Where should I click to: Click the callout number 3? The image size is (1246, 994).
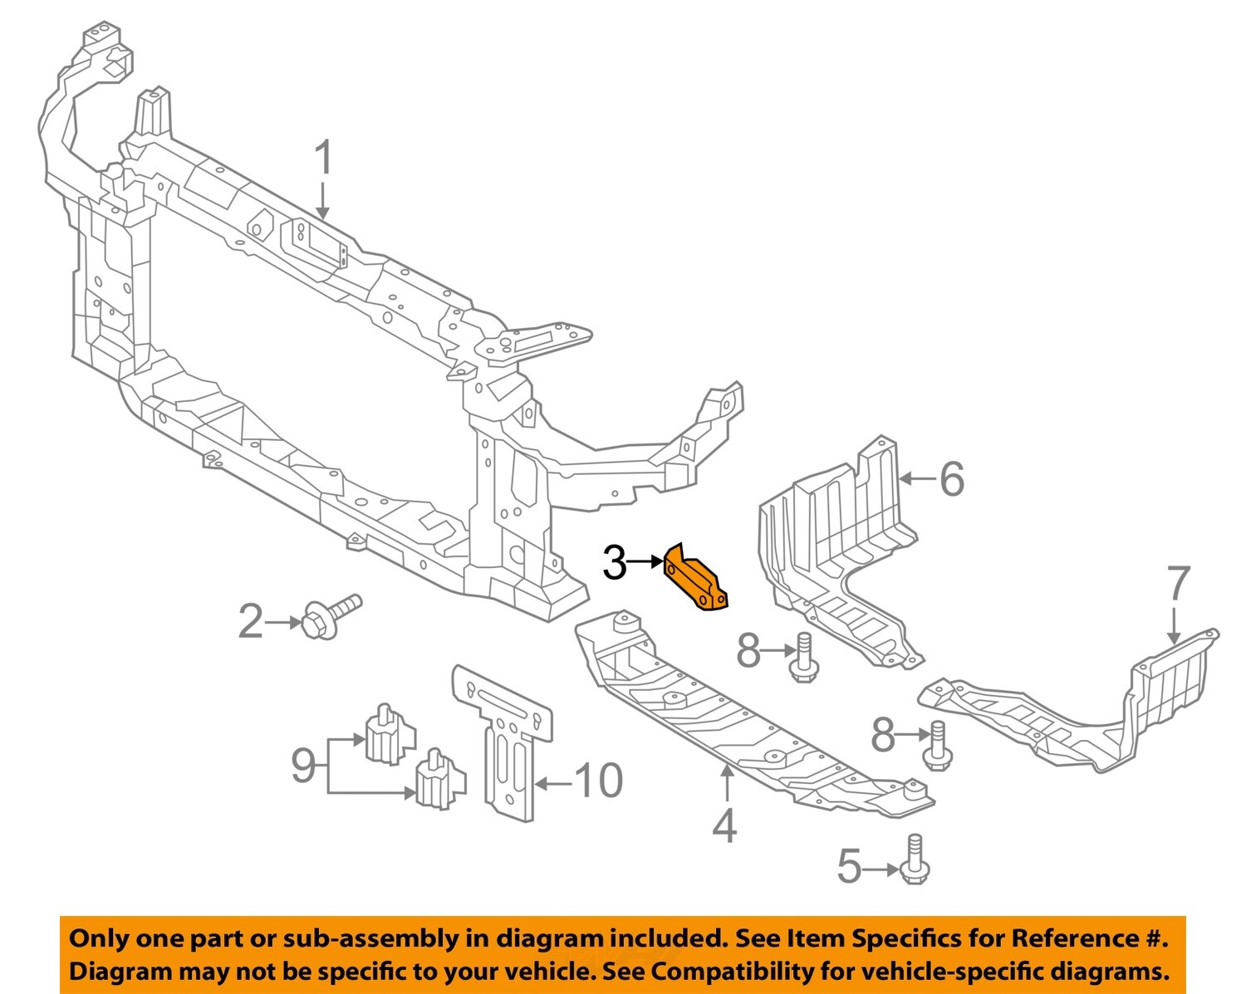click(x=614, y=563)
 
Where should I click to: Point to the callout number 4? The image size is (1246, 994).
click(x=724, y=825)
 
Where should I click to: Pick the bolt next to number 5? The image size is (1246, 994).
click(x=913, y=860)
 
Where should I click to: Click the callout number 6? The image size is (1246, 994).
click(x=952, y=479)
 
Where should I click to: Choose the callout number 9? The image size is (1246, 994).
click(x=303, y=765)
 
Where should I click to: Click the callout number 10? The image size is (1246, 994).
click(x=597, y=781)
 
